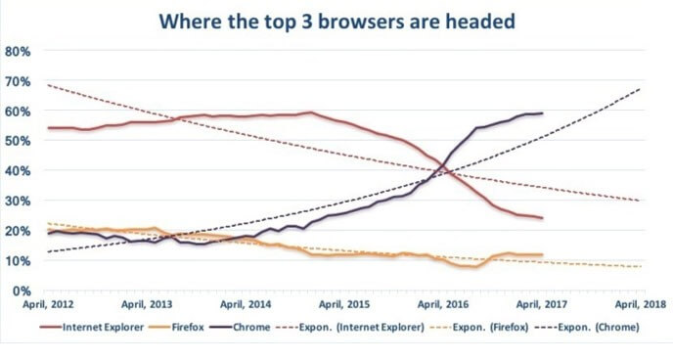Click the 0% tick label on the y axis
tap(20, 291)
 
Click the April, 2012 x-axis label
tap(47, 305)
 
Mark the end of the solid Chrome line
tap(542, 113)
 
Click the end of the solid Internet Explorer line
tap(542, 218)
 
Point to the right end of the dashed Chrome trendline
tap(641, 89)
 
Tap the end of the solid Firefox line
tap(542, 255)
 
